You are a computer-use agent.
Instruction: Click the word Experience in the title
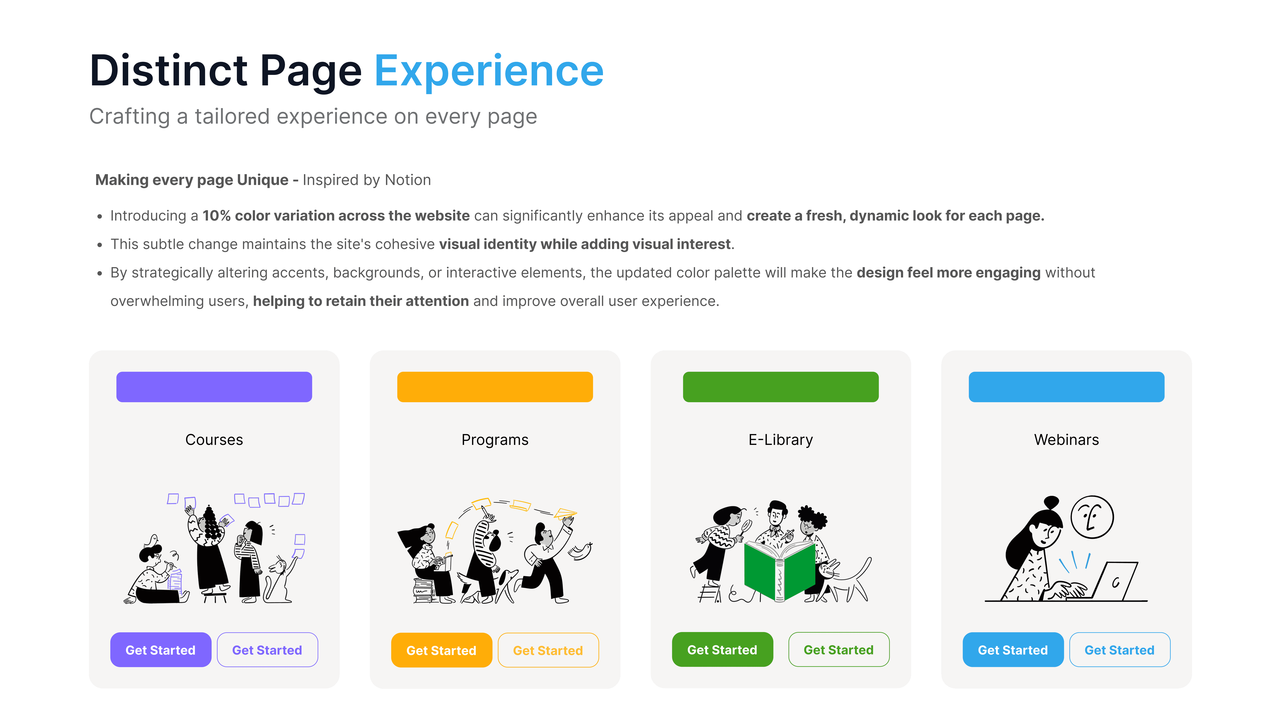click(x=489, y=71)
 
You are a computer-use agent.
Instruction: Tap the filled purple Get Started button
click(x=161, y=650)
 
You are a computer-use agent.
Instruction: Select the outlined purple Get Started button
click(x=267, y=650)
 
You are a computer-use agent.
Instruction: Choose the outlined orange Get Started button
click(x=548, y=650)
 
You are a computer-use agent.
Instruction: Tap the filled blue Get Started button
click(x=1013, y=650)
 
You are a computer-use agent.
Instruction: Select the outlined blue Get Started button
click(x=1119, y=650)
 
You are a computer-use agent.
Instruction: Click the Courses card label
click(x=214, y=440)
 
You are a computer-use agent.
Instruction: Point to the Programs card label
click(x=495, y=440)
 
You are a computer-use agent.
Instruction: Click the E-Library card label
click(x=781, y=440)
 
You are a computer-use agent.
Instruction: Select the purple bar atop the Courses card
click(x=214, y=387)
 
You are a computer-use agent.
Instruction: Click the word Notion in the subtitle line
click(x=408, y=180)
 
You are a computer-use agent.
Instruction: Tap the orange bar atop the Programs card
click(x=495, y=387)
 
